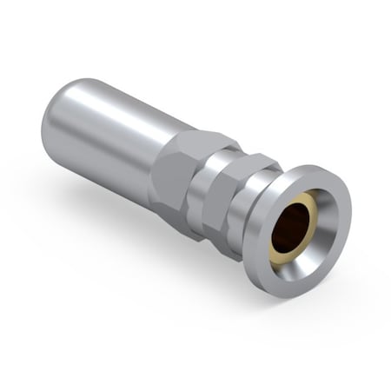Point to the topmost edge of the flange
point(318,162)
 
